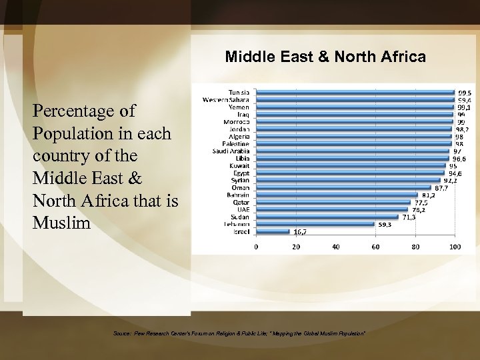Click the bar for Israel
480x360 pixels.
(x=273, y=231)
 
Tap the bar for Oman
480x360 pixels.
(x=343, y=188)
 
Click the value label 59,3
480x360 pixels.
(x=385, y=225)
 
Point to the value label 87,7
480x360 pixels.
(x=441, y=188)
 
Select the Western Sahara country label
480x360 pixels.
(x=226, y=100)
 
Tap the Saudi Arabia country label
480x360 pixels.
(x=230, y=151)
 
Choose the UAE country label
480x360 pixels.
(x=243, y=209)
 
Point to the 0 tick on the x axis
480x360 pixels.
(x=257, y=247)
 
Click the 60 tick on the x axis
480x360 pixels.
(x=375, y=247)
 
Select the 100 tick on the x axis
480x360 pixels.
(x=455, y=247)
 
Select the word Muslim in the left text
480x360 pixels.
(x=61, y=223)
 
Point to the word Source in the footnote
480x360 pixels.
(x=122, y=333)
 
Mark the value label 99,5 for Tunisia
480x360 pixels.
(x=465, y=93)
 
